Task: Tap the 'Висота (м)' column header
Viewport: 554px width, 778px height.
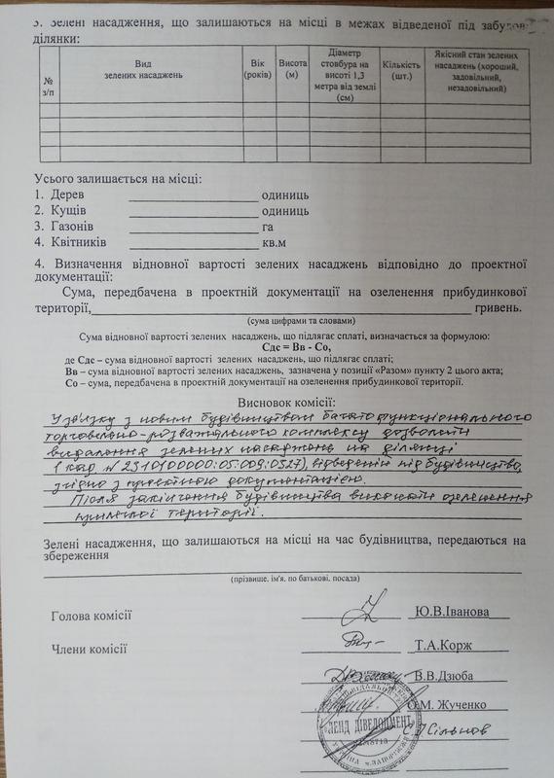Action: pyautogui.click(x=288, y=69)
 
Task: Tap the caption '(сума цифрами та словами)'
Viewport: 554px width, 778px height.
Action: pyautogui.click(x=299, y=321)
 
